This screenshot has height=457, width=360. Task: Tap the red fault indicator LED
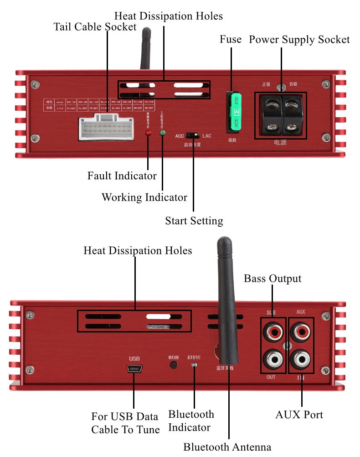(148, 133)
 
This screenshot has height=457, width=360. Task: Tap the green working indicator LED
(162, 133)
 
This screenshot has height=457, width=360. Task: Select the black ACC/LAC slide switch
(193, 135)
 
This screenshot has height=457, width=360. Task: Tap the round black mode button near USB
(174, 364)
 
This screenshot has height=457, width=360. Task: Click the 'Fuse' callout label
(231, 40)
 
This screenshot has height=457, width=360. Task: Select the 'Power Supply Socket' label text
(299, 40)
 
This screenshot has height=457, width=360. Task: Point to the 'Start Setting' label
(194, 221)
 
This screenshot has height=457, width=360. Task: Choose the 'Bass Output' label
(273, 279)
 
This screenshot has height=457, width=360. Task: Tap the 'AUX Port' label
(299, 415)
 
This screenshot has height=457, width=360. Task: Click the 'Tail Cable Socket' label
(95, 27)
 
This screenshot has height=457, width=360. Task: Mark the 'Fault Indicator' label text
(122, 176)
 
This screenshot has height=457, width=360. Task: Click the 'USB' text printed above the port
(134, 358)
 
